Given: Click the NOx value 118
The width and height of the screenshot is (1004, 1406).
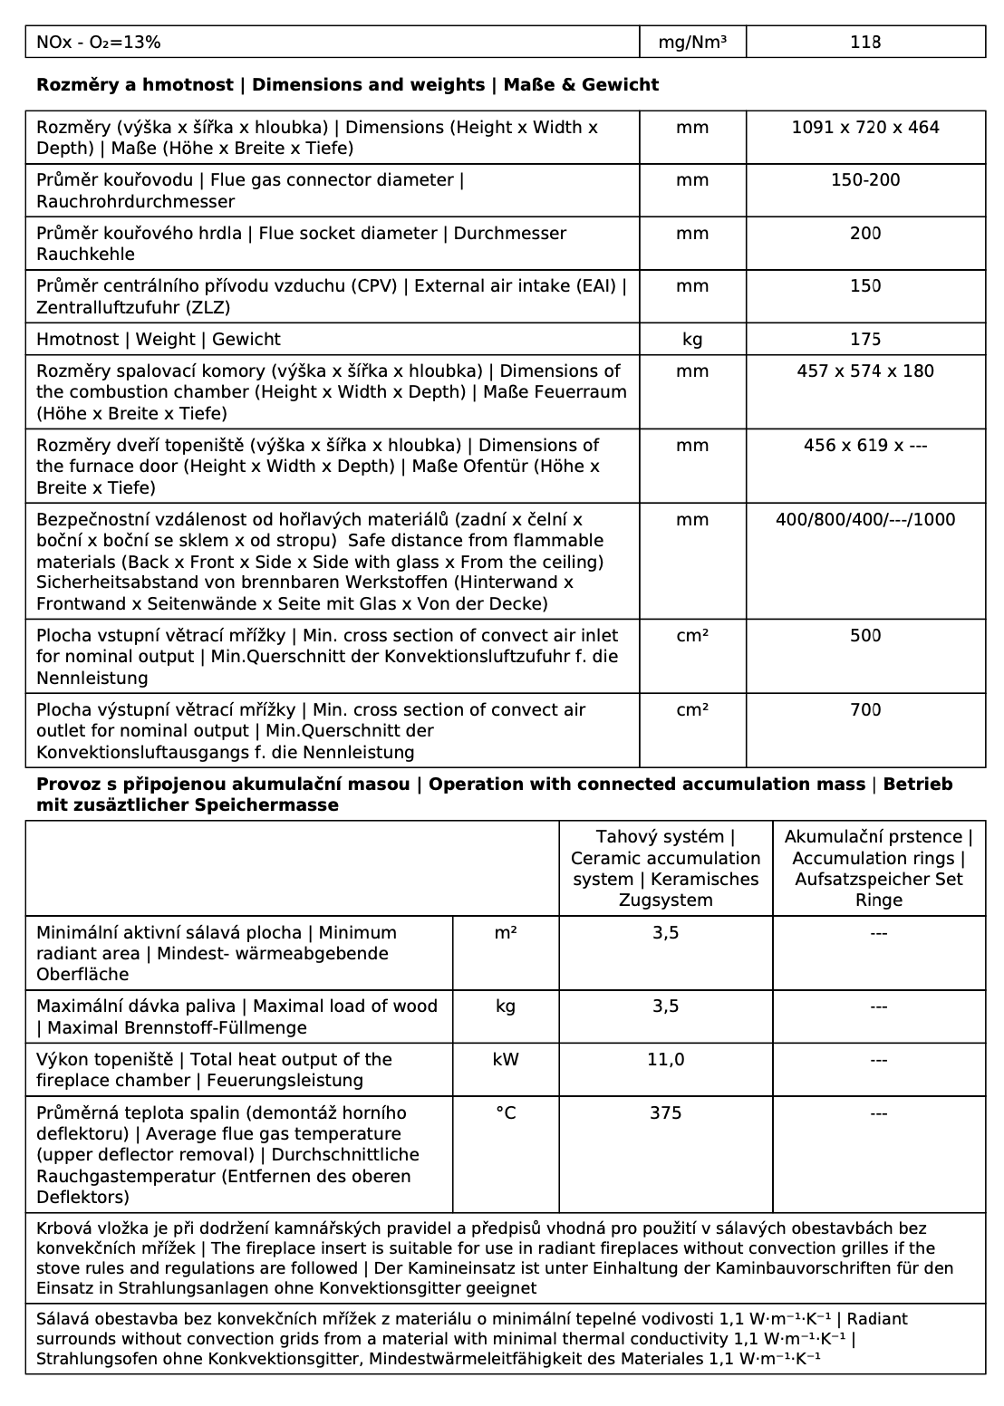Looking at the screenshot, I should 865,42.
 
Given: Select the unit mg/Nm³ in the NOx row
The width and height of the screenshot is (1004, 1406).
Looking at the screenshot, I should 692,42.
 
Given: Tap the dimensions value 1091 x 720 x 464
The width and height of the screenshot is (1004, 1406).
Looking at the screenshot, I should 865,128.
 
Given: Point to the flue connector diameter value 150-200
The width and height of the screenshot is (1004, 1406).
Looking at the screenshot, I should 865,180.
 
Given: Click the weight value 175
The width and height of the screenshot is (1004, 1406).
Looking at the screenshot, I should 865,340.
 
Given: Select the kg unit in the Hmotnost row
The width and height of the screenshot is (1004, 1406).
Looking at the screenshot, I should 692,340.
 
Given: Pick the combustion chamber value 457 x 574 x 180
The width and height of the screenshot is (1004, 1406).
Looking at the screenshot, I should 865,371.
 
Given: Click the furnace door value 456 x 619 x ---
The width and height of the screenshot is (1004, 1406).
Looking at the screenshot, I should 865,446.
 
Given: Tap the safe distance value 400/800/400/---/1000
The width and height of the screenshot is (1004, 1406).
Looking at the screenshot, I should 865,520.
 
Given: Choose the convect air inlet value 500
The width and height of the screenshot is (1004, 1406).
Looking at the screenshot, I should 865,636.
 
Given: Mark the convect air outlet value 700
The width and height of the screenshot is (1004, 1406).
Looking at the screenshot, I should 865,710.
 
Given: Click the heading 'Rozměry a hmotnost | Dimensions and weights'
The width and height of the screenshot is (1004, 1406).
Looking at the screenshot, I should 347,85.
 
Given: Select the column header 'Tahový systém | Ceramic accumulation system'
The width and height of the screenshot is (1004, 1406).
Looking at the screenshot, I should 665,868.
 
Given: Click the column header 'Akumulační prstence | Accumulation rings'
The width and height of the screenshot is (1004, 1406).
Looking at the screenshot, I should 878,868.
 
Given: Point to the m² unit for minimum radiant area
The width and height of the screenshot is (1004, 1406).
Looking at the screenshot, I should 506,933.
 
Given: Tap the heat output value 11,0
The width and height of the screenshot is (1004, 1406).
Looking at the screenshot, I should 665,1060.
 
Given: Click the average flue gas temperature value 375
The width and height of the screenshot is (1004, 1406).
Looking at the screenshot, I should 665,1113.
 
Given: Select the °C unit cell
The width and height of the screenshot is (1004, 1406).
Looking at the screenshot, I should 506,1113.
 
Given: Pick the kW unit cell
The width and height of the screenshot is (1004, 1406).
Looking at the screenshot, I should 506,1060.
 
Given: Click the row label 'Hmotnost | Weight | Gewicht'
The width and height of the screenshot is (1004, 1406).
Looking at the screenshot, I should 159,340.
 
